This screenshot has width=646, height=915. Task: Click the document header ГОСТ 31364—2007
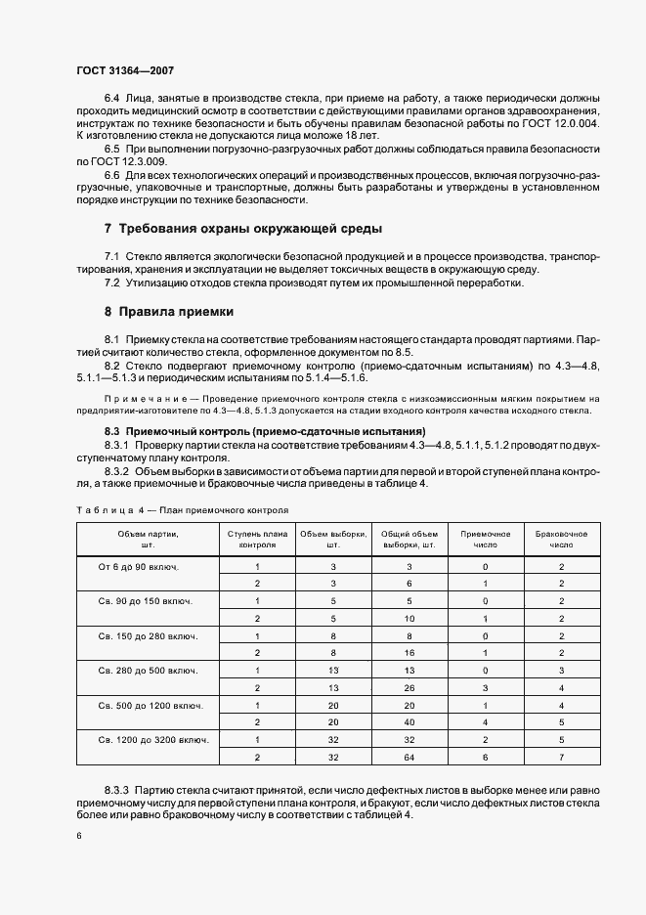tap(125, 70)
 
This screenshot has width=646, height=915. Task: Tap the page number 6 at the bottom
tap(78, 836)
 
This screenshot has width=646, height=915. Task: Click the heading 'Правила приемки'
tap(176, 313)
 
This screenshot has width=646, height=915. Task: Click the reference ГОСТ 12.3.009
tap(120, 160)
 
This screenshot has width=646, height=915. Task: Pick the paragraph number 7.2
tap(112, 284)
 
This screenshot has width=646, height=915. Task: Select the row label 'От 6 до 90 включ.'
tap(145, 567)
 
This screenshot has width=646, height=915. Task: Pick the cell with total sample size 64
tap(409, 757)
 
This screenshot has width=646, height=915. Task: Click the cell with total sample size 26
tap(409, 687)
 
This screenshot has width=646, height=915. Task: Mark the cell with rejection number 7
tap(562, 757)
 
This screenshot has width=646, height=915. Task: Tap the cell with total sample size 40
tap(409, 722)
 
